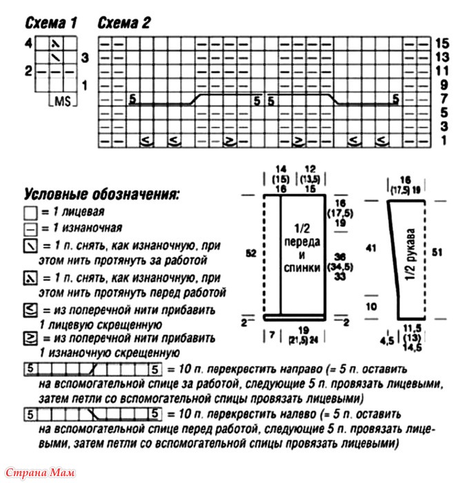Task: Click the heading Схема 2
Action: click(124, 23)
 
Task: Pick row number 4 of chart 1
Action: click(28, 43)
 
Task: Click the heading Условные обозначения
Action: click(101, 195)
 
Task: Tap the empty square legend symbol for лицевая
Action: click(28, 213)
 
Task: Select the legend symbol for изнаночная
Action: click(28, 228)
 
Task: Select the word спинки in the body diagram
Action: click(301, 267)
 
